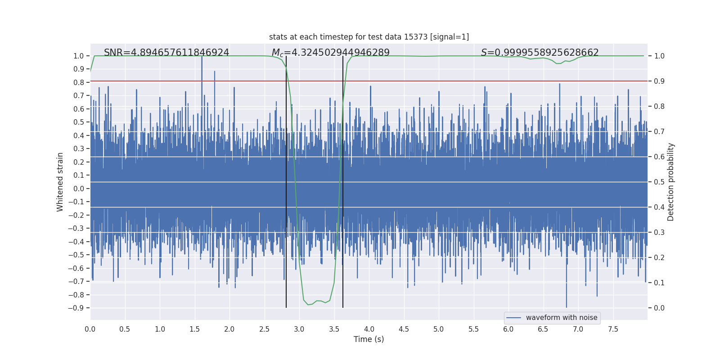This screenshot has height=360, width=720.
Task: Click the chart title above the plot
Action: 369,37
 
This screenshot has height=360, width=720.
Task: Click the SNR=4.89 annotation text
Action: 166,53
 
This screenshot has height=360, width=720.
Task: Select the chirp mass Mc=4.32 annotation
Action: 330,53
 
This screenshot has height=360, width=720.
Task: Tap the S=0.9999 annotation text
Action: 540,53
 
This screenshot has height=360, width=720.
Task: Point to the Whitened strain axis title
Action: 60,182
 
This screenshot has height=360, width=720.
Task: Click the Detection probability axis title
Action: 671,182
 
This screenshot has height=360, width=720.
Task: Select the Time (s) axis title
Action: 369,339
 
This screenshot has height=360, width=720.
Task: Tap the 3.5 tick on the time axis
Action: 334,329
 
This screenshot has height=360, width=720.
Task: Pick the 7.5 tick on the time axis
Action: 613,329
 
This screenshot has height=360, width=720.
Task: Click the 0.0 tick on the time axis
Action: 90,329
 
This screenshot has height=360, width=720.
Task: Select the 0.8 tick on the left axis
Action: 79,82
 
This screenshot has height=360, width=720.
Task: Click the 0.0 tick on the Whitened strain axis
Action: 79,189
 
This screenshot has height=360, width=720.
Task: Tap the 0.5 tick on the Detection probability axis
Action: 659,182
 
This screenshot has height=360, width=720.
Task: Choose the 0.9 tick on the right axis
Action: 659,81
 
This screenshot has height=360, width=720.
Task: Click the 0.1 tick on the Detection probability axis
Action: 659,283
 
